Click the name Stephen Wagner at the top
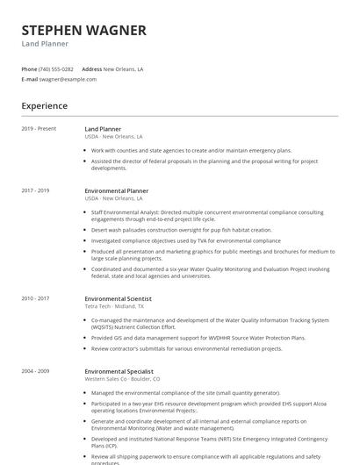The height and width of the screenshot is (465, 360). click(x=83, y=31)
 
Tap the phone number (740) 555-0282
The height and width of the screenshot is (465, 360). click(x=57, y=68)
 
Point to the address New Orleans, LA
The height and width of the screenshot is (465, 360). click(x=124, y=68)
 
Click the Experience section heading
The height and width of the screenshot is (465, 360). click(x=45, y=106)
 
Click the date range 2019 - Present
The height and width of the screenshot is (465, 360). click(x=39, y=129)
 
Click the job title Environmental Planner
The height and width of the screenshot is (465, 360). click(x=117, y=190)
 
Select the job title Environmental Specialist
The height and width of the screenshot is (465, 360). click(x=119, y=371)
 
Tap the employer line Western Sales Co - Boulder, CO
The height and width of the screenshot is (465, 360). click(x=123, y=379)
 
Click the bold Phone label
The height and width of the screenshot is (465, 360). click(x=29, y=68)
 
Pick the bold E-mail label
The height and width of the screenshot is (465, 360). click(x=30, y=79)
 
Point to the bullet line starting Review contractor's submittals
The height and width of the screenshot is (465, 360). click(x=186, y=348)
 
